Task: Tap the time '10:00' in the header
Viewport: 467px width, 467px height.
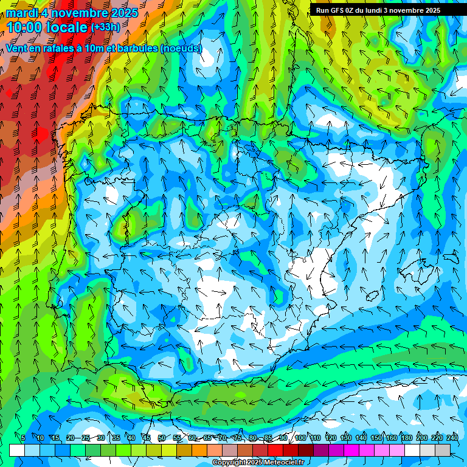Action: tap(25, 27)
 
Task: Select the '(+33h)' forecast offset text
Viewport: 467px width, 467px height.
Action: tap(105, 27)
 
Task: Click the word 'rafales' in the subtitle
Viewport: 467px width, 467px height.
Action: tap(54, 48)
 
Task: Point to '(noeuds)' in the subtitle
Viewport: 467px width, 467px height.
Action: tap(181, 48)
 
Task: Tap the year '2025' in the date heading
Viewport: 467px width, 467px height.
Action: tap(122, 13)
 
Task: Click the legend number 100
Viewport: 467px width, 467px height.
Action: tap(300, 438)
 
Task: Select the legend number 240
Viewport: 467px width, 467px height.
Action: tap(452, 438)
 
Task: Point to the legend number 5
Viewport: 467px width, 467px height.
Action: tap(23, 438)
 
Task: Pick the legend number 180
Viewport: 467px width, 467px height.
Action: tap(406, 438)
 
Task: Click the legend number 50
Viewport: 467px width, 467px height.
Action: tap(161, 438)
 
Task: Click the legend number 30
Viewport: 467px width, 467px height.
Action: tap(100, 438)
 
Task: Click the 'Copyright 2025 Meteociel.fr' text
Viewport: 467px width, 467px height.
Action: tap(258, 463)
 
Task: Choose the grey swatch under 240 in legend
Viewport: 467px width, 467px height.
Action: tap(442, 450)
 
